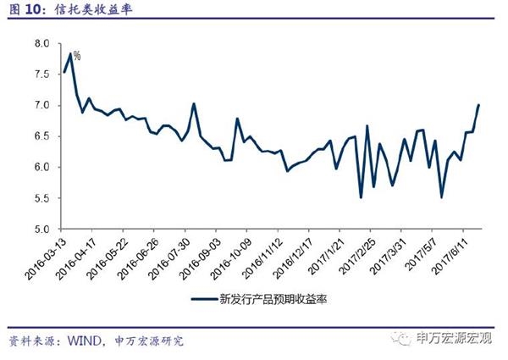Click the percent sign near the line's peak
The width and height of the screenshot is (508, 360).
tap(76, 55)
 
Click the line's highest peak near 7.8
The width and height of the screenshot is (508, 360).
tap(70, 53)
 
